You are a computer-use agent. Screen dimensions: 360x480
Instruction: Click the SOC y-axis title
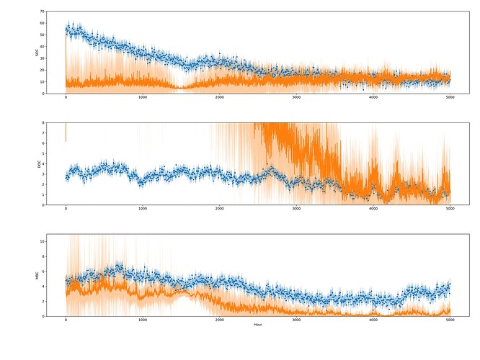[37, 53]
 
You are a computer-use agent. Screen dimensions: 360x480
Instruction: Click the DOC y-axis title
[37, 164]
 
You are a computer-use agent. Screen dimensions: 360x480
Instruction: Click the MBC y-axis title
[37, 276]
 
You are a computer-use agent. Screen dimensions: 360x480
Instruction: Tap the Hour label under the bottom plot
[257, 325]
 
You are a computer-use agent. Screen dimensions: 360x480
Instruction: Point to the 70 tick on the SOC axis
[43, 12]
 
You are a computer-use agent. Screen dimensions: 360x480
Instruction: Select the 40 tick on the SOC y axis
[43, 47]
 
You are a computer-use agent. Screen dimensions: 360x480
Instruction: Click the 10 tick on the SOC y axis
[43, 81]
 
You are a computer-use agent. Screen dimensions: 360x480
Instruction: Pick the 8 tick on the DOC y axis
[44, 123]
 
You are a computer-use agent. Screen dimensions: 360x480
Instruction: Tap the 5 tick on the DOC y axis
[44, 153]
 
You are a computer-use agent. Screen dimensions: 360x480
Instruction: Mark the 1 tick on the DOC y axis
[44, 194]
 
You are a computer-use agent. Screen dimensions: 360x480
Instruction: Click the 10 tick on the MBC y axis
[43, 241]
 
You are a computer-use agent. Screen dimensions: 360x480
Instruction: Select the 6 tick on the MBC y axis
[44, 271]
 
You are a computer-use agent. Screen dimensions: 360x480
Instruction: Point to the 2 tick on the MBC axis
[44, 302]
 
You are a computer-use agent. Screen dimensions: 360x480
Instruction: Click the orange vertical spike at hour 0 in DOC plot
[66, 131]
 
